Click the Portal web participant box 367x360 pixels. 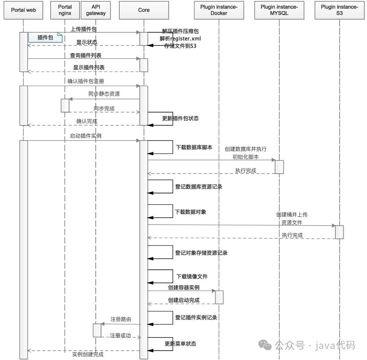coord(23,10)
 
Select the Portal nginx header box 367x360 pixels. coord(65,10)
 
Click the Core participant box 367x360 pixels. coord(144,10)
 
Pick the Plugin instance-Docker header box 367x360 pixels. coord(219,10)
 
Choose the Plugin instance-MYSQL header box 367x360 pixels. coord(279,10)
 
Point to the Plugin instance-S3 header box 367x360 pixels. coord(339,10)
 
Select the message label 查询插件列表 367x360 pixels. coord(86,55)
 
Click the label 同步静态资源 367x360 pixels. coord(104,94)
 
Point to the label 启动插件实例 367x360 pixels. coord(86,136)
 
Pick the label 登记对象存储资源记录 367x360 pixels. coord(201,253)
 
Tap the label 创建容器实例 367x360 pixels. coord(183,287)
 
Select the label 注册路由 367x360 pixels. coord(121,319)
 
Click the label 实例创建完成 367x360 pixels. coord(88,354)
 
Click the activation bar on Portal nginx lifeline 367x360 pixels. coord(65,105)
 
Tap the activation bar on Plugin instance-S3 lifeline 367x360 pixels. coord(339,232)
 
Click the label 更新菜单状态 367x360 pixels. coord(180,343)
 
